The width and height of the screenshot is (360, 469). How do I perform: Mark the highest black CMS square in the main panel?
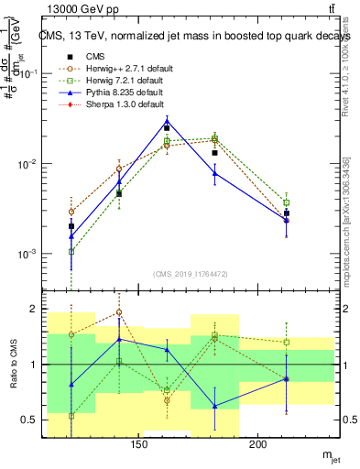tap(167, 127)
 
